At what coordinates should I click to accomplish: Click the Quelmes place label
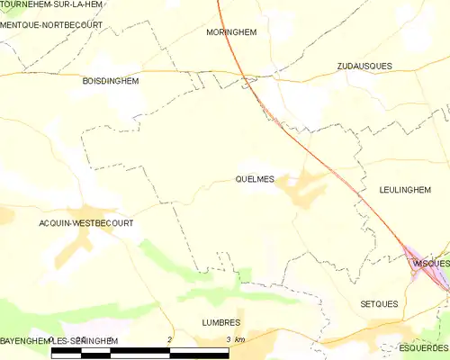(x=254, y=178)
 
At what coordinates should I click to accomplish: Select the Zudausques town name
(x=364, y=67)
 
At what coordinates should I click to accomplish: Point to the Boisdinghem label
(x=112, y=80)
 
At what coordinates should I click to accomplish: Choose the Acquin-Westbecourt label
(x=85, y=222)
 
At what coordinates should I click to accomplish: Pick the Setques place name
(x=379, y=304)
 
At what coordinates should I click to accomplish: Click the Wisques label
(x=430, y=263)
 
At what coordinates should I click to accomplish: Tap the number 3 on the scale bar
(x=229, y=338)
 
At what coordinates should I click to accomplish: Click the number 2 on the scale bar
(x=170, y=338)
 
